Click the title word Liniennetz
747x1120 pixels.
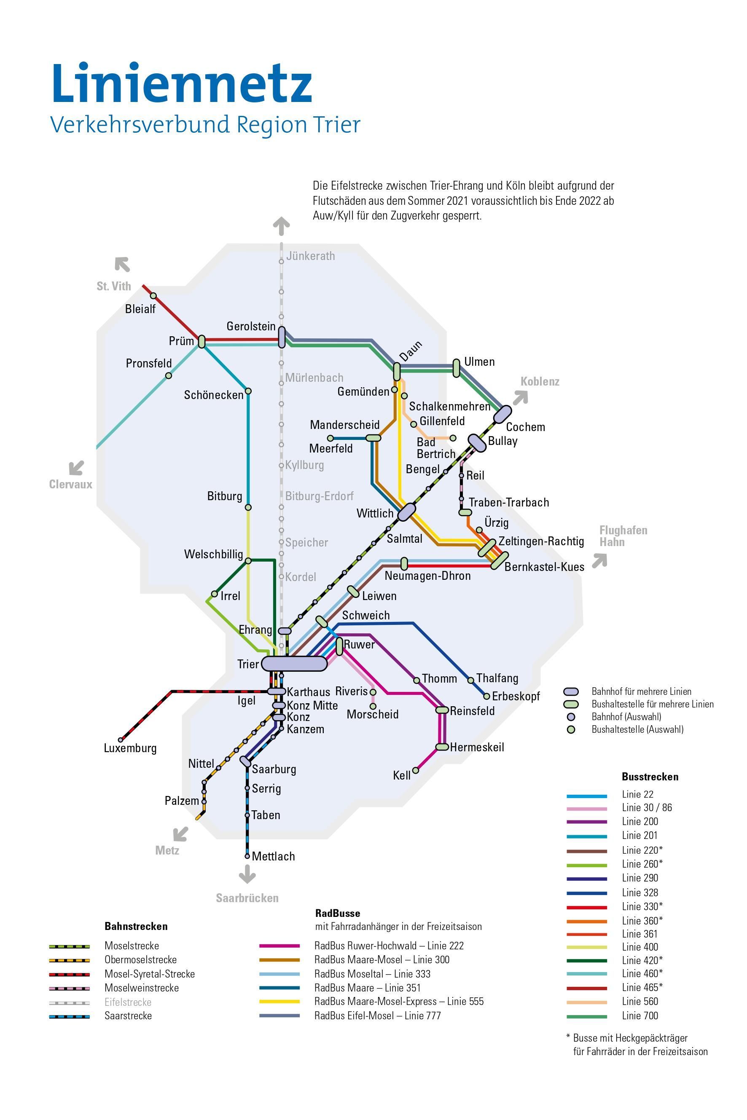pyautogui.click(x=182, y=84)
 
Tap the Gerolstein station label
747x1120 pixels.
pyautogui.click(x=251, y=326)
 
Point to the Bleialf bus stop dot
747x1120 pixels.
pyautogui.click(x=153, y=296)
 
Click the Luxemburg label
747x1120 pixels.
pyautogui.click(x=130, y=748)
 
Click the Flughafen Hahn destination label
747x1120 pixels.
pyautogui.click(x=623, y=536)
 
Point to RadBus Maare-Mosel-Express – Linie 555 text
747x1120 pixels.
pyautogui.click(x=399, y=1002)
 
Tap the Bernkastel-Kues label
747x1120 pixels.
pyautogui.click(x=544, y=567)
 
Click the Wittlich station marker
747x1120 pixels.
pyautogui.click(x=406, y=512)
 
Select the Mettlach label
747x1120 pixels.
pyautogui.click(x=273, y=856)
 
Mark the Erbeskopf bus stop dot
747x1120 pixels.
pyautogui.click(x=486, y=696)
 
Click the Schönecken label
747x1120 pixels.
pyautogui.click(x=214, y=395)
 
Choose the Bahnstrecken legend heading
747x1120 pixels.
pyautogui.click(x=136, y=926)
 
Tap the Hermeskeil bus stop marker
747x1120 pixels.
pyautogui.click(x=443, y=747)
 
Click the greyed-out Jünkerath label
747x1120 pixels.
pyautogui.click(x=310, y=256)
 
